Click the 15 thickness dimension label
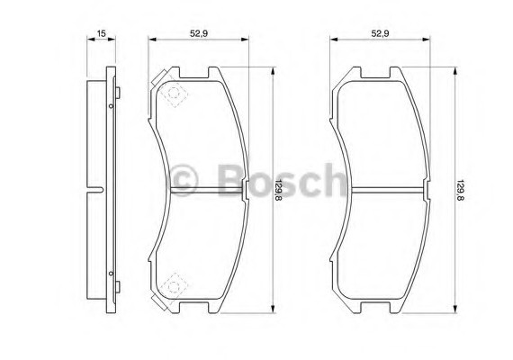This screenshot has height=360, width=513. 102,32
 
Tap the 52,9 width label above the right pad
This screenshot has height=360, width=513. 381,32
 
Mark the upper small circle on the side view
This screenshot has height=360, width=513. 111,106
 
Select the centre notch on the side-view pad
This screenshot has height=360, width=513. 95,189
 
